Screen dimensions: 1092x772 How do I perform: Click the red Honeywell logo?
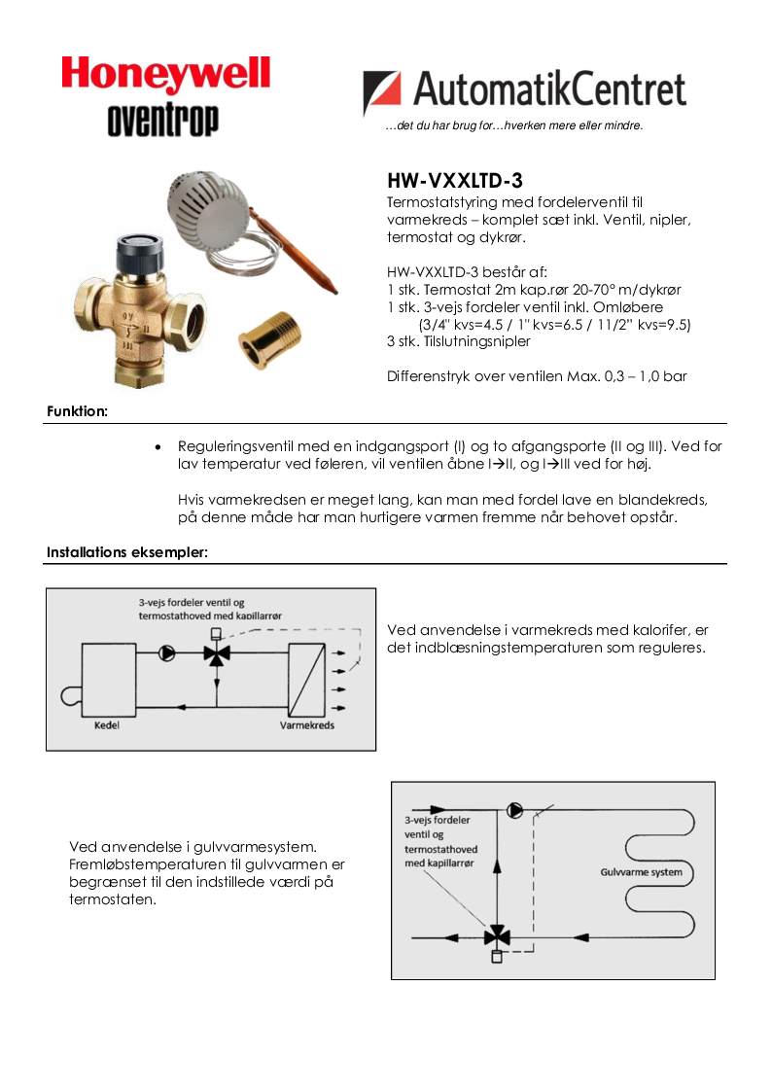tap(165, 76)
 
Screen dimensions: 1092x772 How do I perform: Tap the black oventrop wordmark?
tap(162, 120)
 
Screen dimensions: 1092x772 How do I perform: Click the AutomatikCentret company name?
tap(549, 90)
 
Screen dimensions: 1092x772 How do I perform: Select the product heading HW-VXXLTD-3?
tap(455, 181)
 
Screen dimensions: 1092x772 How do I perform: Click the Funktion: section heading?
tap(77, 411)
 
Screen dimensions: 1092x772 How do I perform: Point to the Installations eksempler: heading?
tap(126, 552)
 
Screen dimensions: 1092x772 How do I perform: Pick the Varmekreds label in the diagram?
tap(306, 725)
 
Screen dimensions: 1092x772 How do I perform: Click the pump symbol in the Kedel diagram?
tap(166, 653)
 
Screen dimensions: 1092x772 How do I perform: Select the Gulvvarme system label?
tap(641, 872)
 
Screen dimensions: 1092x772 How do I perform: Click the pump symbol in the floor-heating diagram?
tap(513, 809)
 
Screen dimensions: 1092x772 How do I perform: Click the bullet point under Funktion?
tap(158, 446)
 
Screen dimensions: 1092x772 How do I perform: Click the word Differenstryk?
tap(428, 375)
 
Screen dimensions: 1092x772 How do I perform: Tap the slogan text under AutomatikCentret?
tap(514, 125)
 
